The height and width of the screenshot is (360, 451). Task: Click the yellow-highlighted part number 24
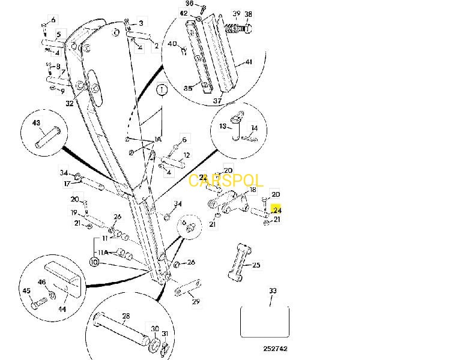coord(277,211)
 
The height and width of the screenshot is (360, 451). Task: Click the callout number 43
coord(36,122)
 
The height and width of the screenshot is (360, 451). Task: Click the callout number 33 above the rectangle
coord(273,291)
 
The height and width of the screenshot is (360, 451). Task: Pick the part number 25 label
coord(256,265)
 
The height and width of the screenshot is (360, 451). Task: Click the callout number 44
coord(62,310)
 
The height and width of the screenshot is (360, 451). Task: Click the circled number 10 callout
coord(94,262)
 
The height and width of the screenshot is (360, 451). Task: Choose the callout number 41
coord(249,62)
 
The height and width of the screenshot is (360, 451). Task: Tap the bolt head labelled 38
coord(248,28)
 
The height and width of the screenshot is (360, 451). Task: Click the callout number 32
coord(70,104)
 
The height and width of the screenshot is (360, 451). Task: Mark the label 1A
coord(158,139)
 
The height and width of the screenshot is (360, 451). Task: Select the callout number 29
coord(195,301)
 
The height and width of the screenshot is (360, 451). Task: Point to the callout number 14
coord(254,128)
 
